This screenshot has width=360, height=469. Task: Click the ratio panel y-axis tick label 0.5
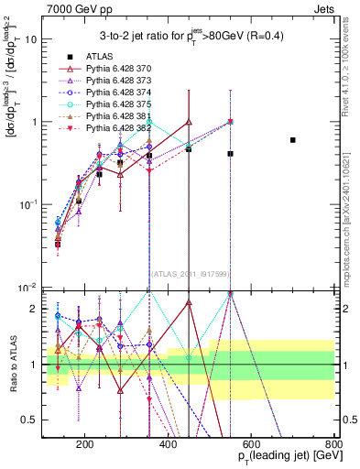(32, 420)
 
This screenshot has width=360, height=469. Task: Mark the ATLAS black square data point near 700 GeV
(293, 140)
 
